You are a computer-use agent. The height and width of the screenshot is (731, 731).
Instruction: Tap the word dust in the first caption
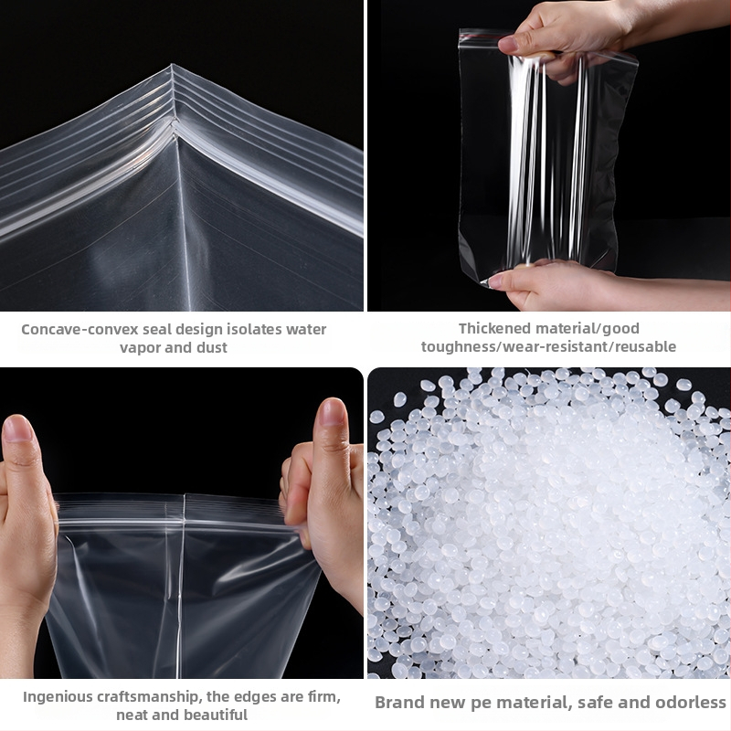212,347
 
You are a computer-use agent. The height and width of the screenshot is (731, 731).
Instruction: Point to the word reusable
648,346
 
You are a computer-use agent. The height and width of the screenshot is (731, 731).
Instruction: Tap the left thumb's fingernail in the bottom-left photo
16,429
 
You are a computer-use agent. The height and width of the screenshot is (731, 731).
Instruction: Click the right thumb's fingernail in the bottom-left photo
332,412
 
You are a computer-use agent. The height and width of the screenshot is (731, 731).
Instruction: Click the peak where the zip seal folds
173,65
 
